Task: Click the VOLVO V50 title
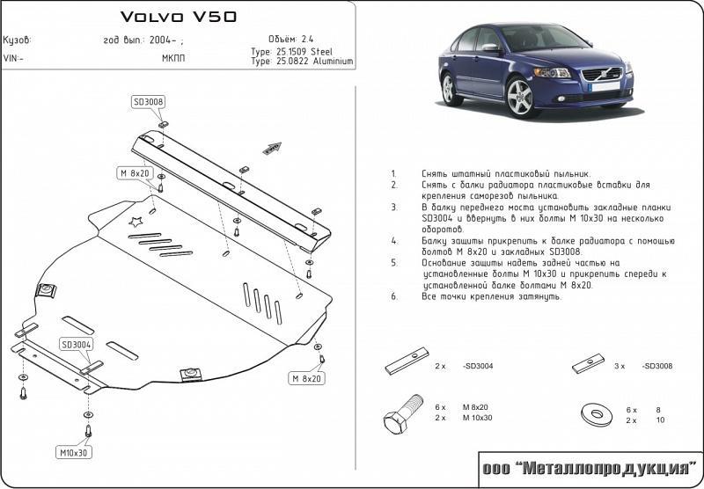pos(177,17)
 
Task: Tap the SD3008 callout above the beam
pos(149,102)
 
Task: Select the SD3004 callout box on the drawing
pos(77,344)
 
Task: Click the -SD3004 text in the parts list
pos(477,365)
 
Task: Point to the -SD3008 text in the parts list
pos(656,365)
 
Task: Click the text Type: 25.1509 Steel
pos(297,52)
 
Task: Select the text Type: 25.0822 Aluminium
pos(302,62)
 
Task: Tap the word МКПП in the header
pos(173,58)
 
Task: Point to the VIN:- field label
pos(14,58)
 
